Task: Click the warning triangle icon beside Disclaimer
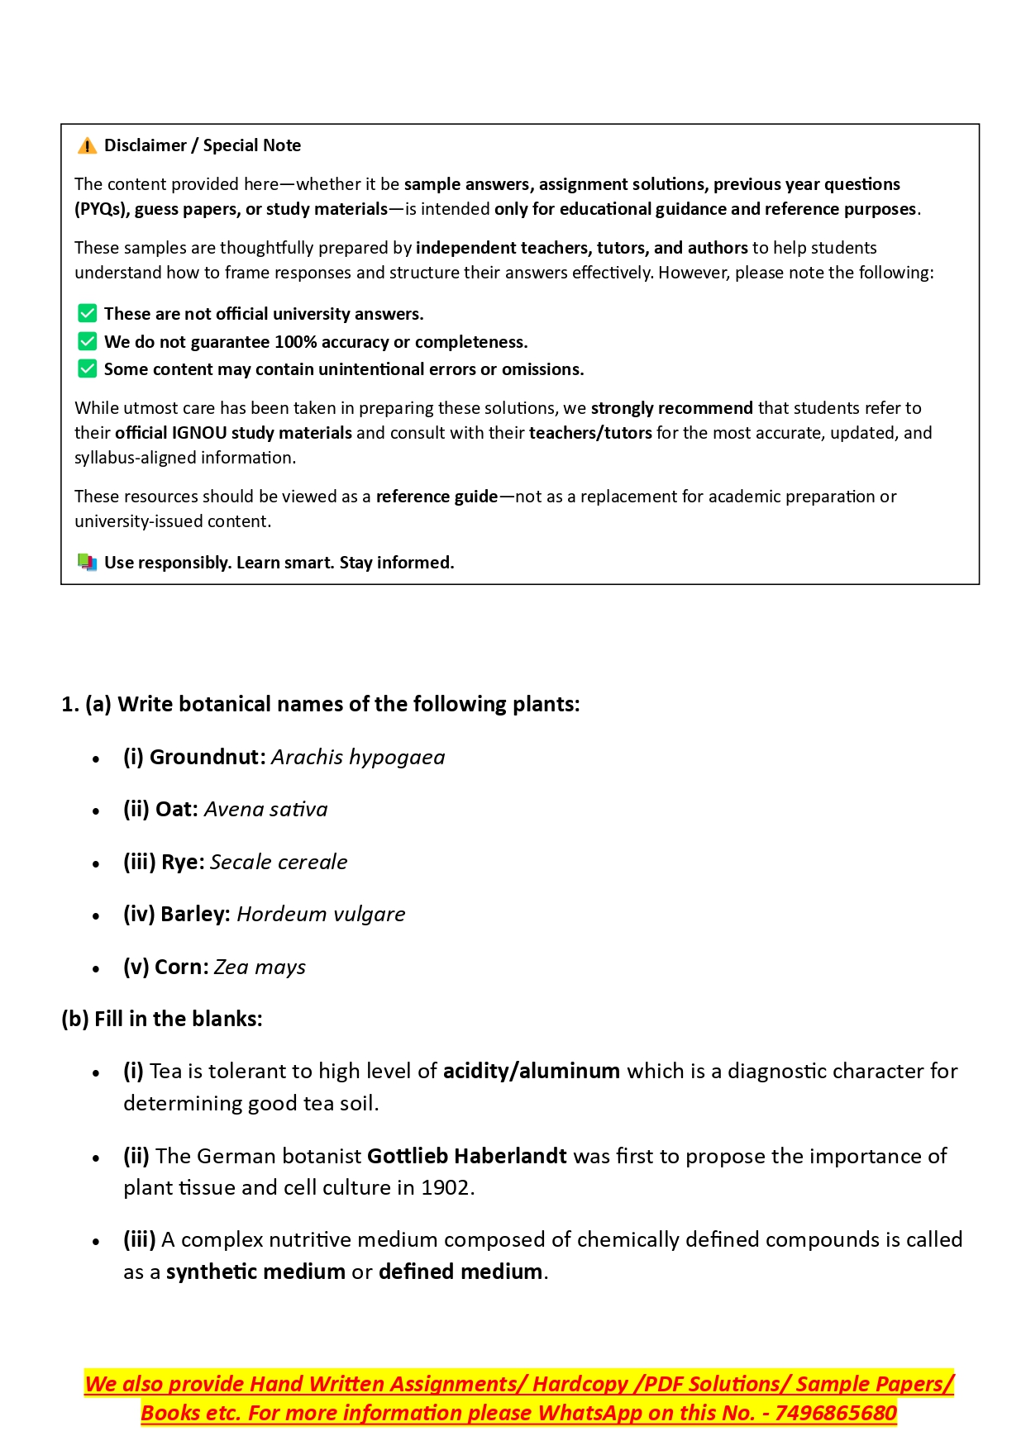pos(87,146)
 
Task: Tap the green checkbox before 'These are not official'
pos(87,313)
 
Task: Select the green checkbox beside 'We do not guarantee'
pos(87,341)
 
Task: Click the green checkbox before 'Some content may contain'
pos(87,368)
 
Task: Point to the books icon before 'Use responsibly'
pos(87,563)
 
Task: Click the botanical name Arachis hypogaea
pos(358,758)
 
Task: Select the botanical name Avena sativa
pos(265,810)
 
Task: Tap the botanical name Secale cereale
pos(279,863)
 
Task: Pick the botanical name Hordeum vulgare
pos(321,915)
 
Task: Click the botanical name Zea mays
pos(260,967)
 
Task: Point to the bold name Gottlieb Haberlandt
pos(467,1156)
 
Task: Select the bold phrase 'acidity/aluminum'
pos(532,1072)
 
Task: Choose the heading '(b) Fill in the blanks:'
pos(162,1020)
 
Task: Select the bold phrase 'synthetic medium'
pos(255,1272)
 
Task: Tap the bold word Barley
pos(195,915)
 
